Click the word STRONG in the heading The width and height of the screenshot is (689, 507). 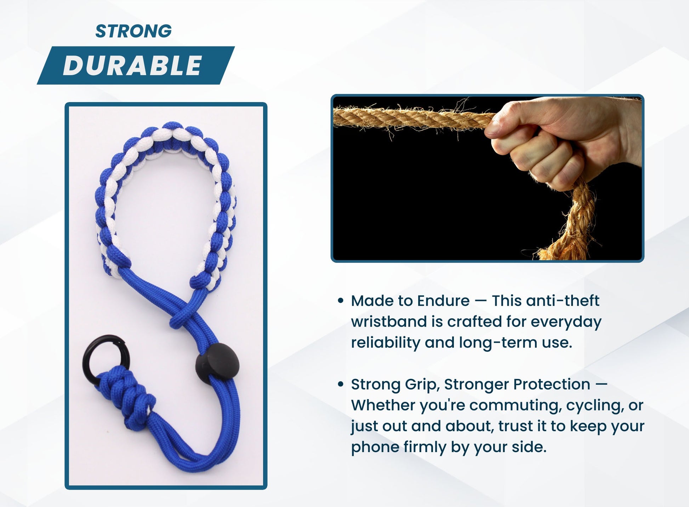point(133,31)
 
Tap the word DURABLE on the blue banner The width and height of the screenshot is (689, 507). point(132,66)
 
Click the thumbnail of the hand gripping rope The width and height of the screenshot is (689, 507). point(487,178)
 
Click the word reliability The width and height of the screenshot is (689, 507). point(385,343)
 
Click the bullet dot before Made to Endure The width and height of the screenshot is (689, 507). point(341,301)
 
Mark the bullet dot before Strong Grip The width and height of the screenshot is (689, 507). point(341,384)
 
